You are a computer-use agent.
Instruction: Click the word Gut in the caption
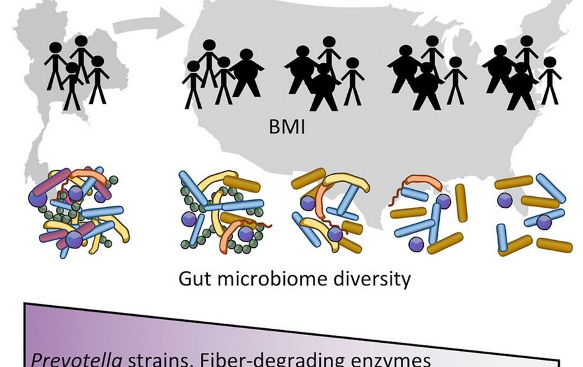click(194, 279)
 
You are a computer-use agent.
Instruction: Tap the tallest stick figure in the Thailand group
click(81, 61)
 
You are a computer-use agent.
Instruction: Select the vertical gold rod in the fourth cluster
click(461, 203)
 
